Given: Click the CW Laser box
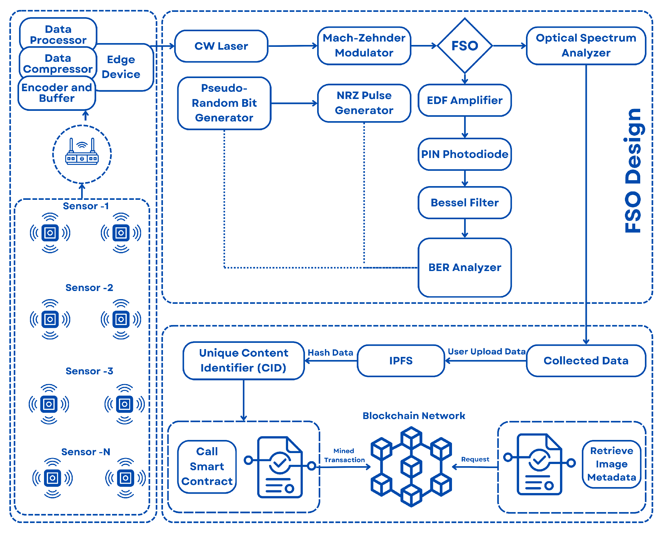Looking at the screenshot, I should [221, 46].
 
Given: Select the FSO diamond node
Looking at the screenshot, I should [464, 46].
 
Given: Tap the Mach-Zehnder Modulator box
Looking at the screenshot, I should [364, 46].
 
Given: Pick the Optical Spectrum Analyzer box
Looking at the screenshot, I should [586, 46].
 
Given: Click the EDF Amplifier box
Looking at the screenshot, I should [464, 100].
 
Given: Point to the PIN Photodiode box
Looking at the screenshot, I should [464, 154].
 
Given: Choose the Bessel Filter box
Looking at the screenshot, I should [464, 203].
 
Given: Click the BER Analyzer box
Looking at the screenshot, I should [464, 268].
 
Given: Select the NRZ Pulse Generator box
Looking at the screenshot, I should [364, 103].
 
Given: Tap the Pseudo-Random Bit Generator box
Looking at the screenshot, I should [224, 103].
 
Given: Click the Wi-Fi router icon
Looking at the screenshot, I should [82, 152].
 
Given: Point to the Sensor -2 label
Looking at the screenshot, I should [89, 288].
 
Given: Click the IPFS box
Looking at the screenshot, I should [401, 361].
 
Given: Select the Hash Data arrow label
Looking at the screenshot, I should [330, 353].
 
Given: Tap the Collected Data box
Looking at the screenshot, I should [586, 361].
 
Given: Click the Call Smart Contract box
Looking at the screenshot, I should [207, 466].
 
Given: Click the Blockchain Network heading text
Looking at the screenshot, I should [414, 416].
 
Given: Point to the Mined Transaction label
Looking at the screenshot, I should [344, 455].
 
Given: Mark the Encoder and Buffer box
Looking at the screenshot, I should [57, 93].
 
